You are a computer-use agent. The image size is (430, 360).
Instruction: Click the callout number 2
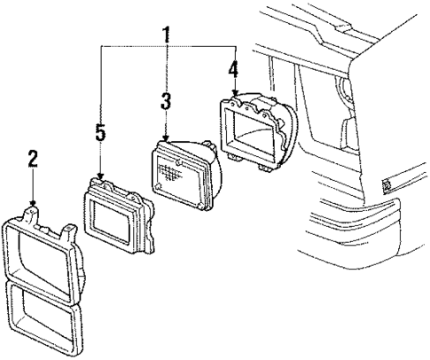coord(32,160)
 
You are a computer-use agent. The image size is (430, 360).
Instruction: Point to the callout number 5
coord(100,134)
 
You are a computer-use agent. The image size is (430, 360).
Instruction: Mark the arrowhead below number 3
coord(165,139)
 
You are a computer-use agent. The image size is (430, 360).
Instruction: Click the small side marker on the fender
coord(387,185)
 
